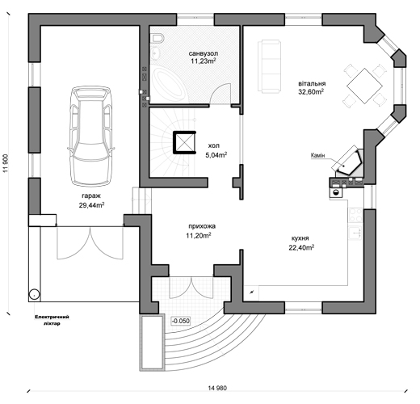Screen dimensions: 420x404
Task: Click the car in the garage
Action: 91,137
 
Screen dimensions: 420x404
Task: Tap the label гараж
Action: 91,196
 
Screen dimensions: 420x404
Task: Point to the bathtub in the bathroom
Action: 167,83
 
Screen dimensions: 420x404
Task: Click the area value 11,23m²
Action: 204,61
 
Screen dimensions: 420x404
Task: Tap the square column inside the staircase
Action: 184,142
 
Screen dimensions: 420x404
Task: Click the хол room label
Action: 214,145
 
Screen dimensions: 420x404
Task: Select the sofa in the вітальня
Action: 269,66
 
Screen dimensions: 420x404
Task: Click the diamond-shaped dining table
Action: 364,86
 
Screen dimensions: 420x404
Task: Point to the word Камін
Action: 317,155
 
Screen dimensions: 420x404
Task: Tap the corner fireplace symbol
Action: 347,161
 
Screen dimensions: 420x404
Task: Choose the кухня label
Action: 300,238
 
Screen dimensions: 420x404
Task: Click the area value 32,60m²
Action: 311,92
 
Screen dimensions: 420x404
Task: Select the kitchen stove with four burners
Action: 355,215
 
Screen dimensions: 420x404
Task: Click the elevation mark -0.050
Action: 181,321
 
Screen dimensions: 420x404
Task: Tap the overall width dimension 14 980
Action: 217,388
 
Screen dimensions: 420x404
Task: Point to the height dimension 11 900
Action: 6,163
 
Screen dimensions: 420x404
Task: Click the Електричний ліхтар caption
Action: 52,320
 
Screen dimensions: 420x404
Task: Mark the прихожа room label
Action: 202,226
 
